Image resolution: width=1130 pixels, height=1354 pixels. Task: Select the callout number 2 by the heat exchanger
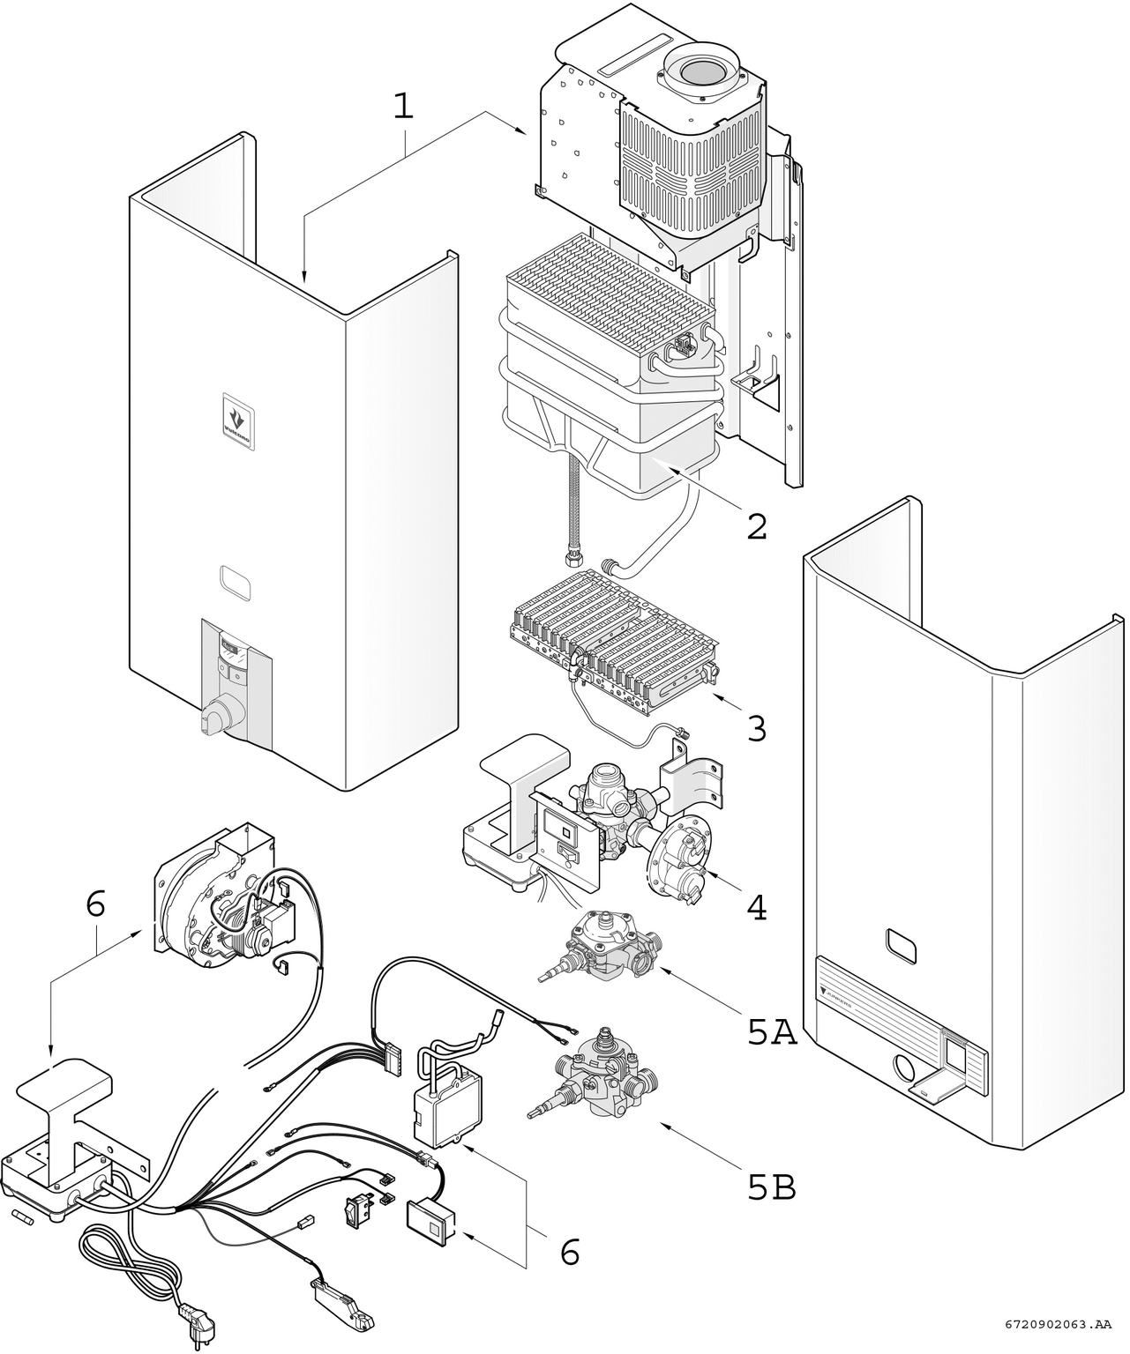tap(756, 526)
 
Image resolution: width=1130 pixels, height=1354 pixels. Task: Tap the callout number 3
tap(756, 728)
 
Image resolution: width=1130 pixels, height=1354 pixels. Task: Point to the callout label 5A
tap(772, 1032)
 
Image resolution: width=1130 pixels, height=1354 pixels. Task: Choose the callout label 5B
tap(772, 1188)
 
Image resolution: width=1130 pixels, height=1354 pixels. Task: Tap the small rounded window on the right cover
tap(901, 948)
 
